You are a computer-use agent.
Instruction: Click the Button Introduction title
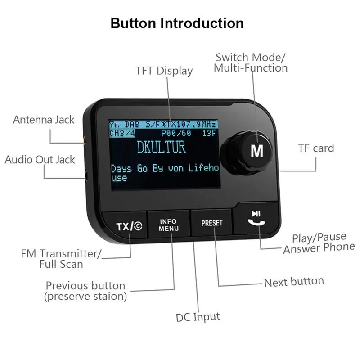click(177, 23)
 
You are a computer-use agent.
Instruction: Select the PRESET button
click(211, 223)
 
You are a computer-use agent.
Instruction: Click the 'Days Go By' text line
click(164, 169)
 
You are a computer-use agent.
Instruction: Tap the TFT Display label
click(164, 71)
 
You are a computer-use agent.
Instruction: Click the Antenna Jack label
click(44, 120)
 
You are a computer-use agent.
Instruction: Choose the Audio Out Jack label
click(40, 159)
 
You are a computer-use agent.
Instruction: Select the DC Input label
click(198, 316)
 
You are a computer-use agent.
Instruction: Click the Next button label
click(294, 282)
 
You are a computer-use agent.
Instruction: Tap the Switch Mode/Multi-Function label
click(251, 63)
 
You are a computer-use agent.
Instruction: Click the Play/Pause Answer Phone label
click(319, 243)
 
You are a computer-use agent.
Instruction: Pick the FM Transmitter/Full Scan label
click(61, 258)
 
